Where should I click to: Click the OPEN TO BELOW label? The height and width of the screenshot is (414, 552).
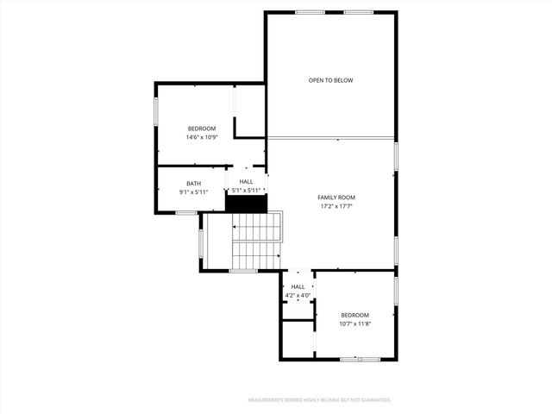point(331,80)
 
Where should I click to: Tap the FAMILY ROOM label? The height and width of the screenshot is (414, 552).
point(336,198)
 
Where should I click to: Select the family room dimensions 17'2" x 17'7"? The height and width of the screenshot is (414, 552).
point(336,206)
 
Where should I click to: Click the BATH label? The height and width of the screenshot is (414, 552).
point(194,183)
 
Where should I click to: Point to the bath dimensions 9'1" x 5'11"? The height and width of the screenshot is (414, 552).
point(194,191)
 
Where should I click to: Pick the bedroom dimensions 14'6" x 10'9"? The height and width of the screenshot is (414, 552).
point(201,137)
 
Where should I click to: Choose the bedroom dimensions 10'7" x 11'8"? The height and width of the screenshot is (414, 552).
point(354,324)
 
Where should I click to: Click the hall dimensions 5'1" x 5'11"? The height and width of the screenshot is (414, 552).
point(247,191)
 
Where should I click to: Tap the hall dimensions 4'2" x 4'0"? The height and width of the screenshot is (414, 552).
point(298,296)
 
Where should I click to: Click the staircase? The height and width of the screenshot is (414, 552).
point(257,241)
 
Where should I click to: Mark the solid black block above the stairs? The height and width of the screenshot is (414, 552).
point(247,204)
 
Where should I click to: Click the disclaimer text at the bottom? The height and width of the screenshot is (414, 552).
point(319,400)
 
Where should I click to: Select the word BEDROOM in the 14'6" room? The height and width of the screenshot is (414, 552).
point(201,129)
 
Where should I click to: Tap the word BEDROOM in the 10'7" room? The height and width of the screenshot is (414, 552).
point(354,315)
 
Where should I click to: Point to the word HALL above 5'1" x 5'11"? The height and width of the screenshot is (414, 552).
point(247,182)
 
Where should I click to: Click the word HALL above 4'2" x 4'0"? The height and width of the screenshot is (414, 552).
point(298,287)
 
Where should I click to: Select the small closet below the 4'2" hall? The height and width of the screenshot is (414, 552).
point(297,340)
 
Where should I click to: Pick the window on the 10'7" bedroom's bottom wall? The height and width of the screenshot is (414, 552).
point(354,359)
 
